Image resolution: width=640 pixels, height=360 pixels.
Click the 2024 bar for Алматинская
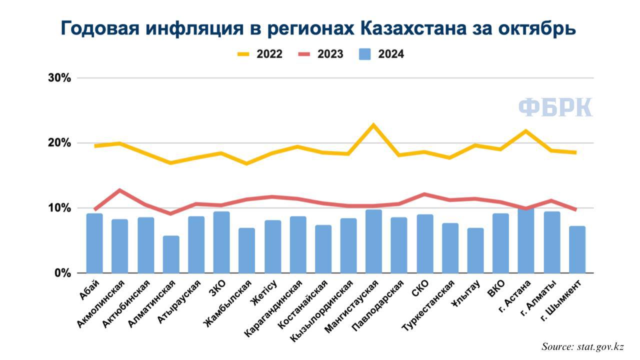(171, 254)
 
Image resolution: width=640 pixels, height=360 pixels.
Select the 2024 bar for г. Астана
(525, 240)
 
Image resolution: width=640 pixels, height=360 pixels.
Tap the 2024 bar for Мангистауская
(373, 241)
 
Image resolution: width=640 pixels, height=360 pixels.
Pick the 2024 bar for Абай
(94, 243)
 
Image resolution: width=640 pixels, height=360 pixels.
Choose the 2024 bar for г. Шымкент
(577, 249)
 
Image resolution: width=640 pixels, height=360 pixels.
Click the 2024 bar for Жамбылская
(247, 250)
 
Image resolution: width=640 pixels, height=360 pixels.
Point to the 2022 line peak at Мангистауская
(373, 125)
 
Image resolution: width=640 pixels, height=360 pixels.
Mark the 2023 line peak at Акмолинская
(120, 190)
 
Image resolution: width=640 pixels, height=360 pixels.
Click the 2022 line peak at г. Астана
(525, 131)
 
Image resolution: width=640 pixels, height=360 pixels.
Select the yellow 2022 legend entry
(260, 54)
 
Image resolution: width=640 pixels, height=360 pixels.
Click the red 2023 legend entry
(321, 54)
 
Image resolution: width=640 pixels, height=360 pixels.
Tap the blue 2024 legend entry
(381, 54)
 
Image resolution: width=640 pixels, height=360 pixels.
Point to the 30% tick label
(59, 77)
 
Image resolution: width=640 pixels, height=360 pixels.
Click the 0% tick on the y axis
(62, 273)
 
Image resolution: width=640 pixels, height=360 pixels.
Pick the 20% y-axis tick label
(59, 143)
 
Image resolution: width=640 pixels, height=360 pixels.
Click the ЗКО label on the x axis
(217, 288)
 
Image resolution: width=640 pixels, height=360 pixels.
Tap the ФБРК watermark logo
(555, 107)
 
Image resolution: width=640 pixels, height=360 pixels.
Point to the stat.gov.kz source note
(583, 346)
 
